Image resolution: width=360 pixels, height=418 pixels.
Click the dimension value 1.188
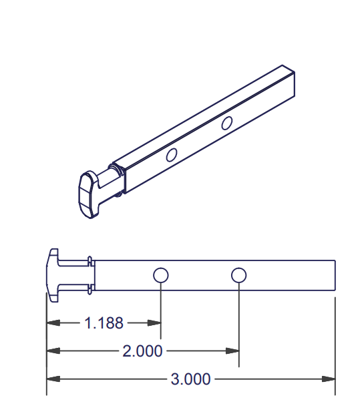click(104, 323)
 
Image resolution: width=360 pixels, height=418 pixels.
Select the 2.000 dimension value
click(142, 351)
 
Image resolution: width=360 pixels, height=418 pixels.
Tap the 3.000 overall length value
click(191, 379)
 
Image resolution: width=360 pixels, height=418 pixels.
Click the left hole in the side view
click(160, 275)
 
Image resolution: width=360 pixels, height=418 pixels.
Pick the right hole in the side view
click(238, 275)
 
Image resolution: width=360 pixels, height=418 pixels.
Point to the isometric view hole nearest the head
click(172, 156)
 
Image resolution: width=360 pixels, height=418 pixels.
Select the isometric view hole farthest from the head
click(227, 123)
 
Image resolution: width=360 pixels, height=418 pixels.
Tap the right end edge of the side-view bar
click(335, 275)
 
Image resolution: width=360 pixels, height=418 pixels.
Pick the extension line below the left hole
click(161, 304)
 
